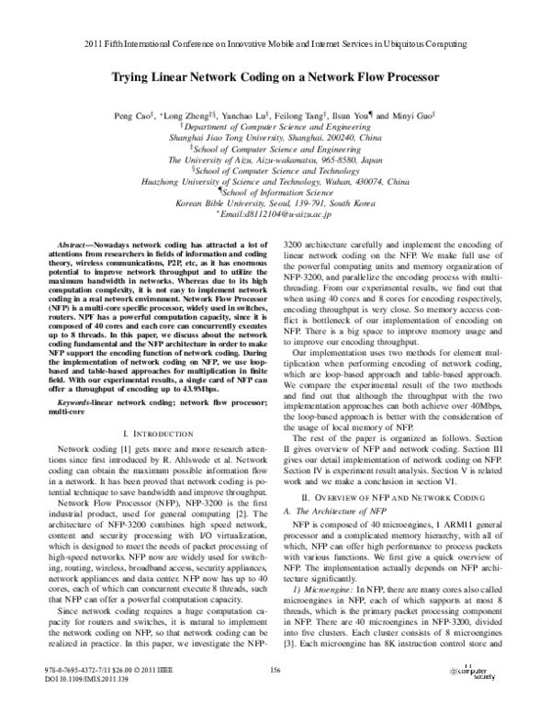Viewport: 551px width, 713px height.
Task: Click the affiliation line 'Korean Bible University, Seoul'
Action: (275, 202)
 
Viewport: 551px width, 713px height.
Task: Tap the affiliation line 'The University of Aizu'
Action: (275, 166)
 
